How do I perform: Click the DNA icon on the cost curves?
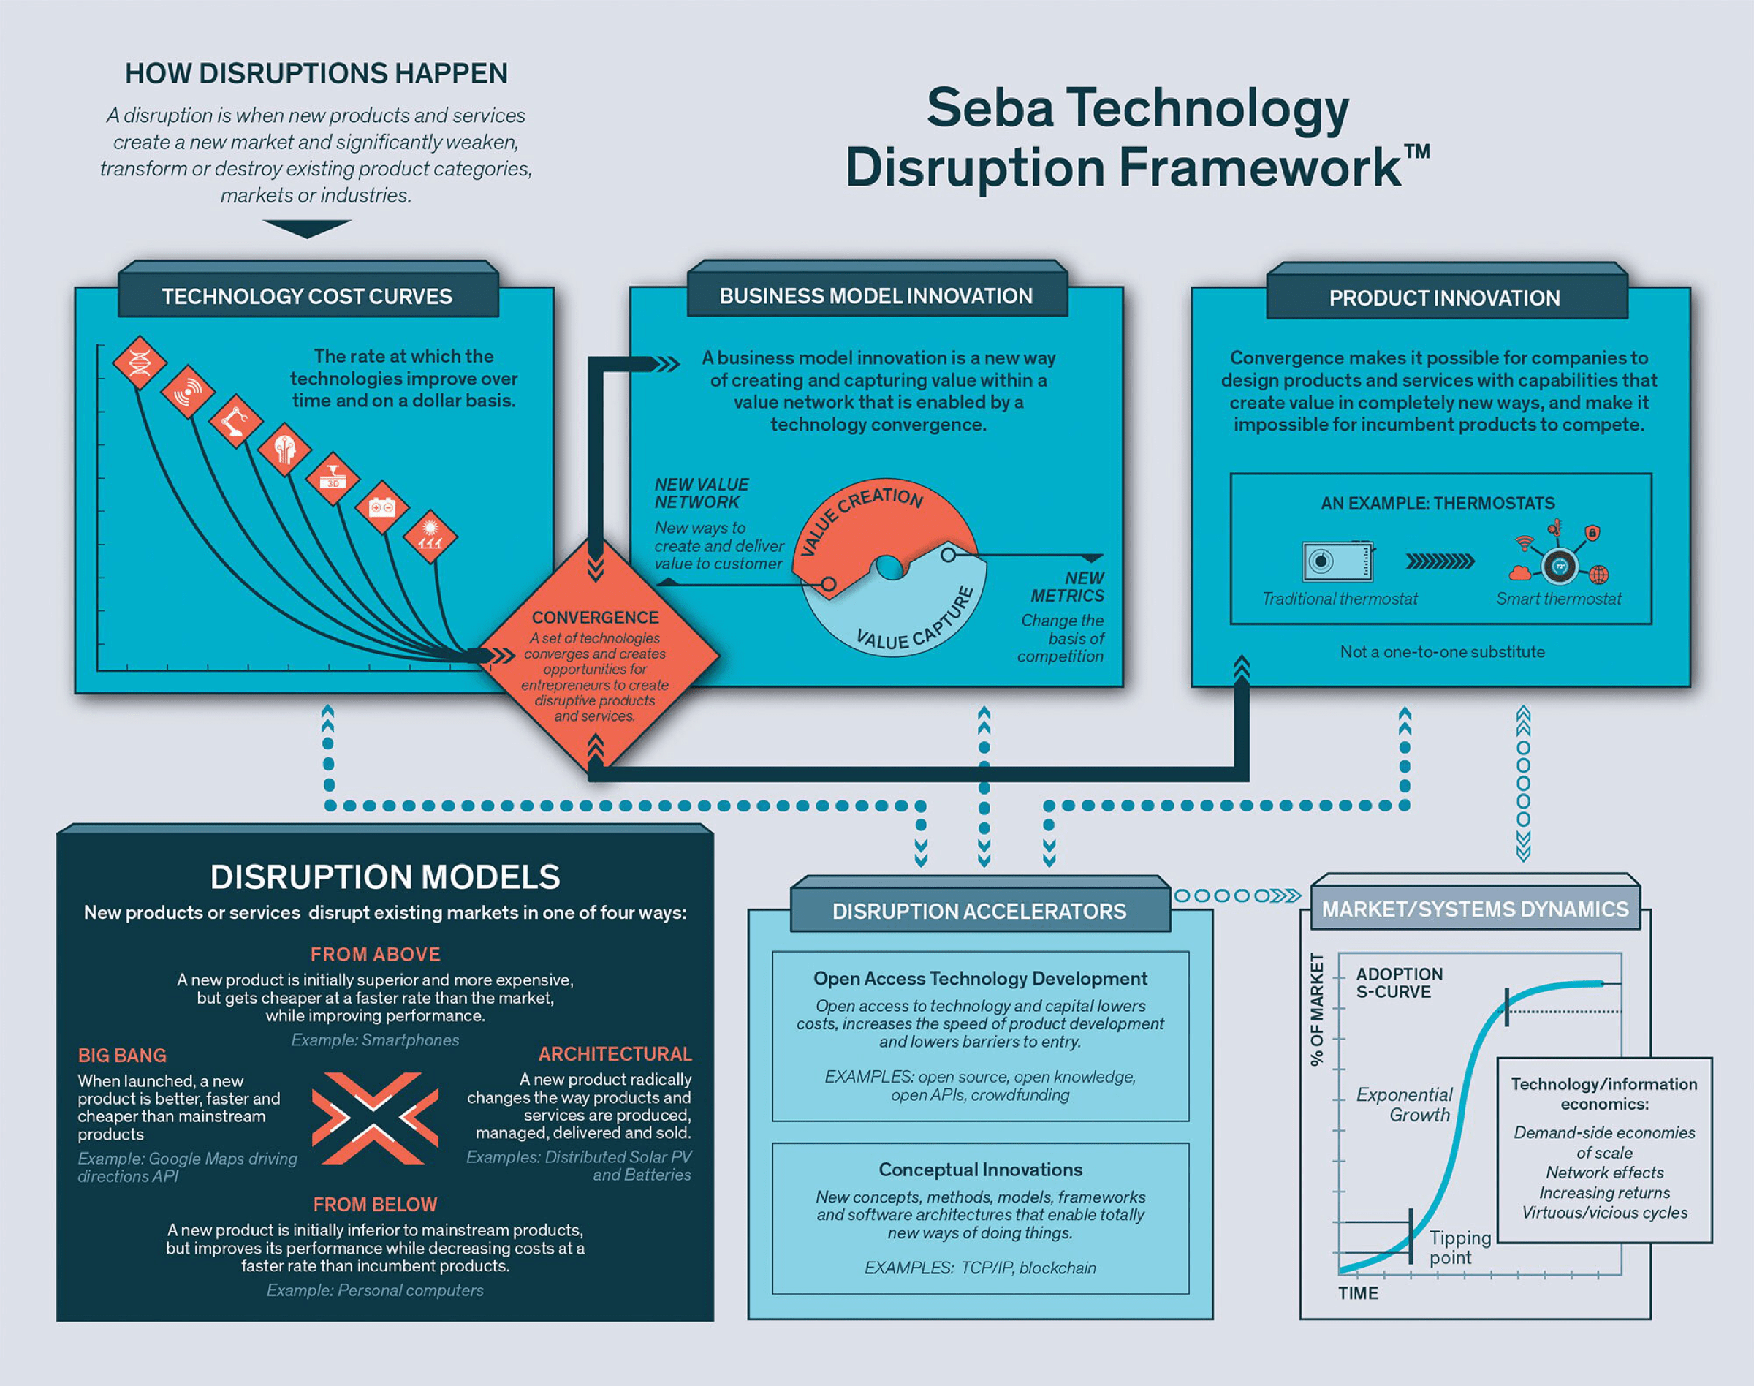click(x=140, y=363)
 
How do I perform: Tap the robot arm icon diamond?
click(x=236, y=421)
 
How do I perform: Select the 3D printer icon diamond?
click(x=333, y=479)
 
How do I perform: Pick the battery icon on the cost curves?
click(x=381, y=508)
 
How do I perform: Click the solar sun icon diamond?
click(x=430, y=537)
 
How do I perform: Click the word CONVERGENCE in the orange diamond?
click(x=596, y=618)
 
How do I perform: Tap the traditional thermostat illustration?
click(x=1339, y=561)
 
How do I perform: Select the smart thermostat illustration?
click(x=1557, y=556)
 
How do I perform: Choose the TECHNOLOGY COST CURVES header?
click(x=308, y=297)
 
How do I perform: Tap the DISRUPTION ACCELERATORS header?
click(x=980, y=912)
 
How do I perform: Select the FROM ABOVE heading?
click(x=376, y=954)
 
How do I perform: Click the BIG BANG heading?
click(x=123, y=1056)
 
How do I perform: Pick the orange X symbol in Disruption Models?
click(x=375, y=1118)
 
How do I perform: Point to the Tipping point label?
click(x=1460, y=1247)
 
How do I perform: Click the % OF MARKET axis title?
click(x=1317, y=1010)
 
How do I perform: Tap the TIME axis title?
click(x=1359, y=1293)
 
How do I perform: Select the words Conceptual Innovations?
click(x=981, y=1170)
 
